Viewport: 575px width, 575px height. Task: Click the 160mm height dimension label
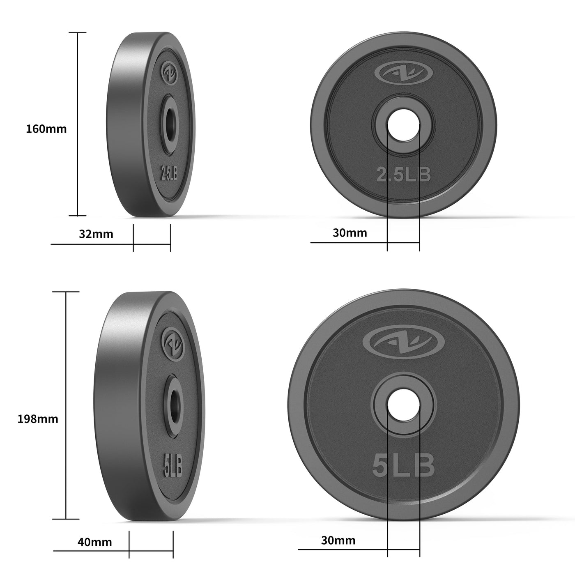(46, 129)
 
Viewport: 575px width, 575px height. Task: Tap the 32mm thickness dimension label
(96, 234)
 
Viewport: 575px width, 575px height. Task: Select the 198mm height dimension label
(38, 419)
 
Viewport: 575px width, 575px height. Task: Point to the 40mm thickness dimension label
(94, 542)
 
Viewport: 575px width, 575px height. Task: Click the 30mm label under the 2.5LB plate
(350, 233)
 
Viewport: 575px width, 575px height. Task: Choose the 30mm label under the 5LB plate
(338, 540)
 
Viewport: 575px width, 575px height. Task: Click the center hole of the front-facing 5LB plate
(403, 405)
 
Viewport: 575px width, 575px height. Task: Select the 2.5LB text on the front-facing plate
(404, 175)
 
